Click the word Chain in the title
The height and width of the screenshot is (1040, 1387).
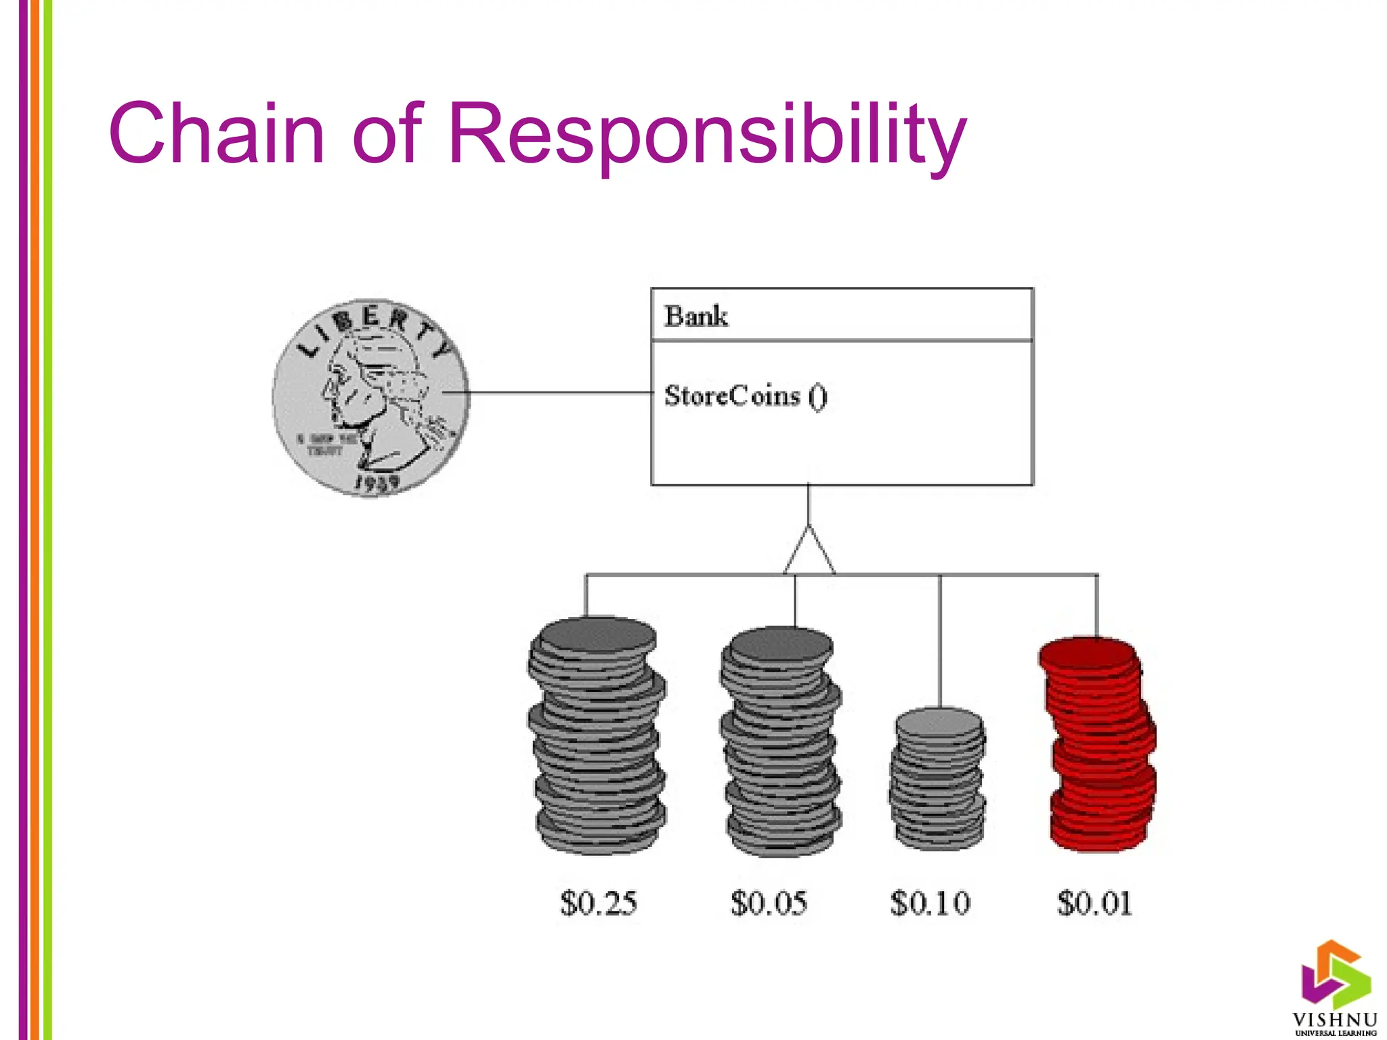217,133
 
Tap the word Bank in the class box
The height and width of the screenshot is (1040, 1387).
696,316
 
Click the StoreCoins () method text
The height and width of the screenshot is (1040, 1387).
745,396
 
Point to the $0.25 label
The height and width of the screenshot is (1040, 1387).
599,903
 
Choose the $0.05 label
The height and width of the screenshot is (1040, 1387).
769,903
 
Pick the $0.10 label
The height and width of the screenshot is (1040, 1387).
930,903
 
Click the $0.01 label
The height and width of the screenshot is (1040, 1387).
1094,903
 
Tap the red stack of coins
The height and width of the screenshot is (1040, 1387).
1098,745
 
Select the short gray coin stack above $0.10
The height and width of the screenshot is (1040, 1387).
938,779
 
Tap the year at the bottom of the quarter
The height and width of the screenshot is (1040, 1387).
377,483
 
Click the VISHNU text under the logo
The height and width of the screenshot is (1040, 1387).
1335,1020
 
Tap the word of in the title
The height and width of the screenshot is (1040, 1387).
387,133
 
